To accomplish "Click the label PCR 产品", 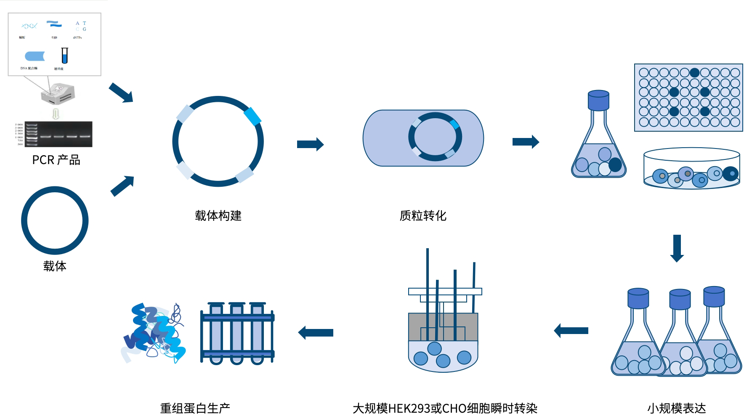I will (56, 160).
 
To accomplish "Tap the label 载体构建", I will (218, 216).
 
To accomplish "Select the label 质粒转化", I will (423, 216).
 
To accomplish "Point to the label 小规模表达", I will (676, 408).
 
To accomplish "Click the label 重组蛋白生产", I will (195, 408).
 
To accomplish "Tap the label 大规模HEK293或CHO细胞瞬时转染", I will (445, 408).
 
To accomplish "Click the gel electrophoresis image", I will (58, 134).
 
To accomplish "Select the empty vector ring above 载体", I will (55, 220).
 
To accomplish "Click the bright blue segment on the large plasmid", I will (252, 117).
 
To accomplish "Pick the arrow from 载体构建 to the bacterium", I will (310, 144).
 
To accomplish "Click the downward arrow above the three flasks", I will (677, 248).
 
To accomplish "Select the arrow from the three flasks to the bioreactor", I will (571, 331).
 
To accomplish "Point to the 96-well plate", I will (688, 98).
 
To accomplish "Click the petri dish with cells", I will (691, 169).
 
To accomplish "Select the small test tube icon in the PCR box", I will (64, 56).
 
